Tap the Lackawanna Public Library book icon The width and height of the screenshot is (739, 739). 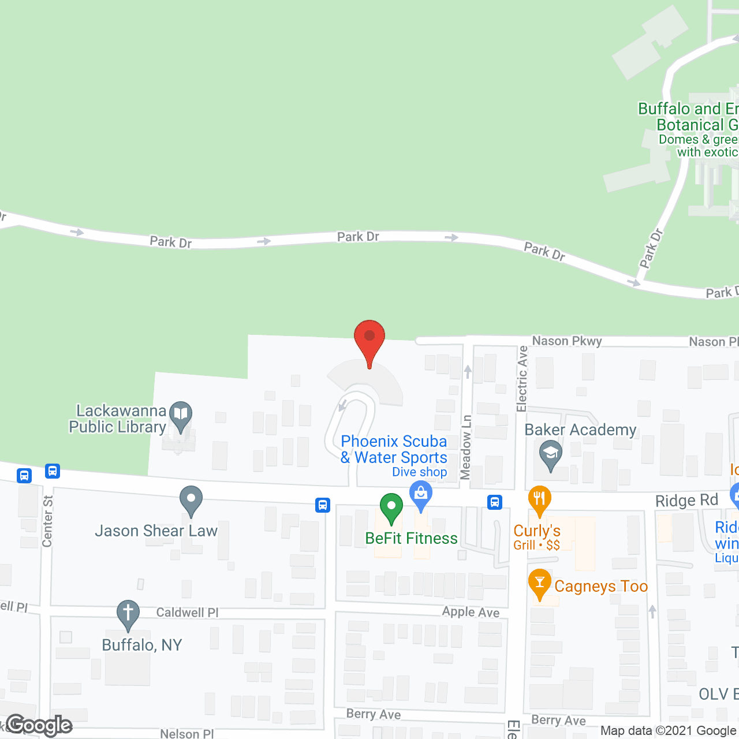tap(181, 414)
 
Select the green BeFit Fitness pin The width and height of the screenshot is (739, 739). tap(391, 506)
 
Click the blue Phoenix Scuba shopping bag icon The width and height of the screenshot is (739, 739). tap(421, 495)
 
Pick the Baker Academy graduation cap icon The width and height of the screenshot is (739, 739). tap(551, 453)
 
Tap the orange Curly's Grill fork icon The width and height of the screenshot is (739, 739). tap(539, 499)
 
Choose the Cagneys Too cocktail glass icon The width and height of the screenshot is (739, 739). tap(539, 582)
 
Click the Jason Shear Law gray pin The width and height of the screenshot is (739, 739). tap(191, 499)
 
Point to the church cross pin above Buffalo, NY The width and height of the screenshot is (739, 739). tap(128, 613)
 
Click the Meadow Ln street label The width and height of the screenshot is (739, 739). tap(466, 447)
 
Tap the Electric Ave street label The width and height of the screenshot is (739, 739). tap(522, 379)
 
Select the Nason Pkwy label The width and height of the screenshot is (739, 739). tap(566, 341)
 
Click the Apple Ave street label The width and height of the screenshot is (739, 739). tap(471, 612)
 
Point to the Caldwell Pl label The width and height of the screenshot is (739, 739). tap(187, 613)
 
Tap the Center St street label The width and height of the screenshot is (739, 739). tap(48, 521)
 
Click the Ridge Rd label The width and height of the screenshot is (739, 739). tap(686, 501)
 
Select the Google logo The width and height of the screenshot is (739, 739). tap(39, 725)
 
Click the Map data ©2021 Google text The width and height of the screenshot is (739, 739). tap(668, 730)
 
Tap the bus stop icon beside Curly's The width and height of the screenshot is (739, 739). tap(494, 502)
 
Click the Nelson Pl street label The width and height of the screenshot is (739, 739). tap(186, 734)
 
